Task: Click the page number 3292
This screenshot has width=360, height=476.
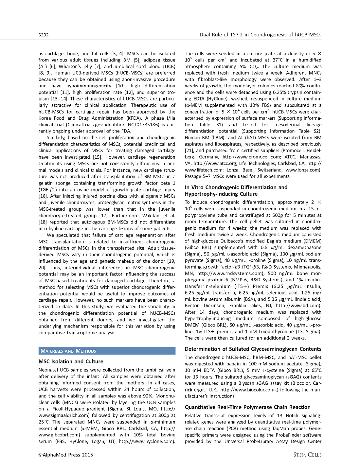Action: (44, 35)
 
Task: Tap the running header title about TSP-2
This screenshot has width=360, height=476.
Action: (260, 35)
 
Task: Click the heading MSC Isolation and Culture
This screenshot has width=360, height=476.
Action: (71, 361)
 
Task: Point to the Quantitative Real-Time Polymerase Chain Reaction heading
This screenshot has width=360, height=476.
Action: (247, 407)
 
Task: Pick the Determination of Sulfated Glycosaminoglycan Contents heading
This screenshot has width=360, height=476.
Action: (253, 349)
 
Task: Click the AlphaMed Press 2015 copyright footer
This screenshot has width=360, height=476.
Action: (65, 455)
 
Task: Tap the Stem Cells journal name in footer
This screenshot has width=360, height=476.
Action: (307, 455)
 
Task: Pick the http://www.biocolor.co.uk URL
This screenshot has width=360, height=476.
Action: (249, 390)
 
